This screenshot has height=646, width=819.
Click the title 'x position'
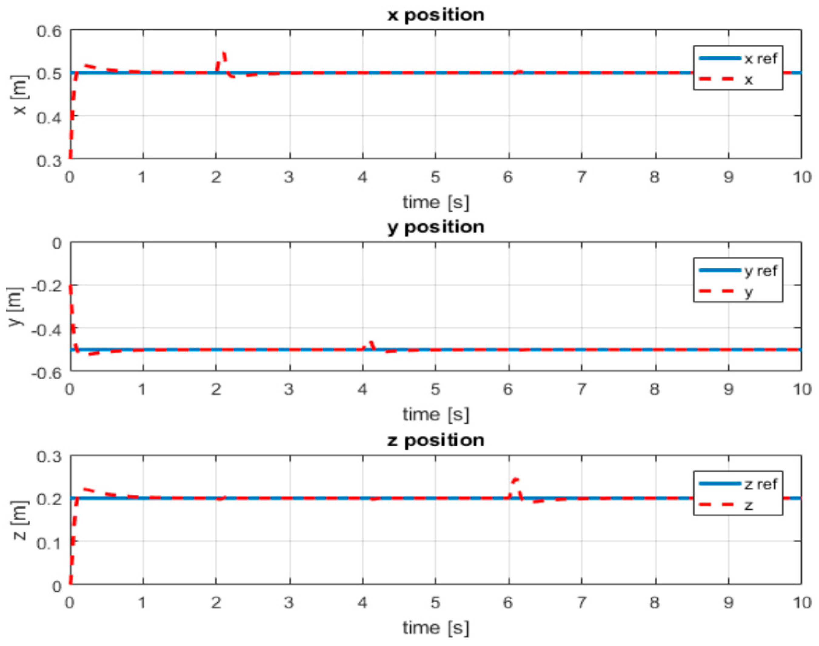(436, 15)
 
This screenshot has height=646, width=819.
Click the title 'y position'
(436, 227)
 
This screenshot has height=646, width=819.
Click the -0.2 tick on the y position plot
(46, 286)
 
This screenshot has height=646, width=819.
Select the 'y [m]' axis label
(15, 307)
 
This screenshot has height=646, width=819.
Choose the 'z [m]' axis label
(21, 520)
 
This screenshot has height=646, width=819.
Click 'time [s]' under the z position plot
(436, 628)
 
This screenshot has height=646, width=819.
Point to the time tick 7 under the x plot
(582, 177)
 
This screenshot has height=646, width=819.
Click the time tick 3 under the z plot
(289, 602)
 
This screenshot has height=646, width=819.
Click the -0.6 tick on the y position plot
(46, 373)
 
